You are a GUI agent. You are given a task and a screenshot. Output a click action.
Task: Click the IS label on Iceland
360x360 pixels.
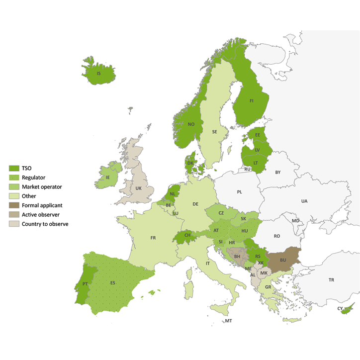coord(98,74)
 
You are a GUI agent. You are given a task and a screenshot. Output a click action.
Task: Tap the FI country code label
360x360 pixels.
coord(252,101)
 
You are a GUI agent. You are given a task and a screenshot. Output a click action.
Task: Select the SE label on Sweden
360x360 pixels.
coord(214,132)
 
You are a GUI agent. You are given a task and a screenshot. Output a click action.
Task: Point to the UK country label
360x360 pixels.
coord(138,188)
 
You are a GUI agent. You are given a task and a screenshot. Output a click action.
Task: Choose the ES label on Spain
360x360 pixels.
coord(113,283)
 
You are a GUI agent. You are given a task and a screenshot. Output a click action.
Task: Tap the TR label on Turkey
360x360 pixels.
coord(331,280)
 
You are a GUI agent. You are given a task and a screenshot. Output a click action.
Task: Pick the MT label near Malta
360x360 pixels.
coord(228,321)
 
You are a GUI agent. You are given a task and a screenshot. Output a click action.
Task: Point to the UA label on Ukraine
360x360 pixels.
coord(304,201)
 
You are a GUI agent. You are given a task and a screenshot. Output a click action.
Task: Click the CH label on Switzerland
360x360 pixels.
coord(187,235)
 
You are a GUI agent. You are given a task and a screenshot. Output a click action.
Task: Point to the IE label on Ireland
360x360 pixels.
coord(107,177)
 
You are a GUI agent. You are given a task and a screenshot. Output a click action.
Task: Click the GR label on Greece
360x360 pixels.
coord(268,287)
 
